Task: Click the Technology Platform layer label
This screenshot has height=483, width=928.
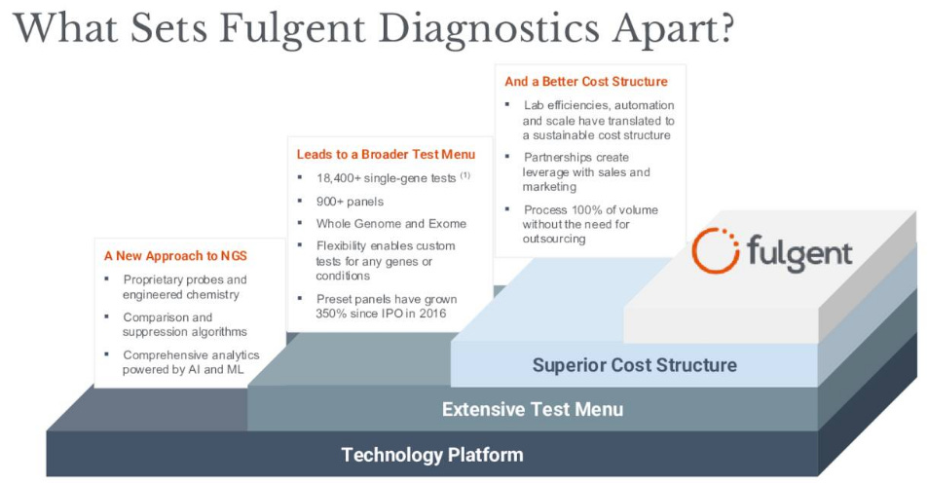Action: pyautogui.click(x=432, y=455)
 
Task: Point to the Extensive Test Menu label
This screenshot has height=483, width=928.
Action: pyautogui.click(x=532, y=409)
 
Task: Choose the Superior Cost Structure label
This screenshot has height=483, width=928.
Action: pyautogui.click(x=634, y=366)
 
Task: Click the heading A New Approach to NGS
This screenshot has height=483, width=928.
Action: pyautogui.click(x=175, y=256)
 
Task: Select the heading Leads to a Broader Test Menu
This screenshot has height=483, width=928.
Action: pyautogui.click(x=386, y=154)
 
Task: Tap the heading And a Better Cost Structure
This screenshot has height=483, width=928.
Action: pyautogui.click(x=586, y=82)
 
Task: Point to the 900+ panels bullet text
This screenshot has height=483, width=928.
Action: pyautogui.click(x=351, y=202)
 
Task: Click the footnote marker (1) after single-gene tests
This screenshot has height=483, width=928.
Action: pyautogui.click(x=465, y=176)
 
